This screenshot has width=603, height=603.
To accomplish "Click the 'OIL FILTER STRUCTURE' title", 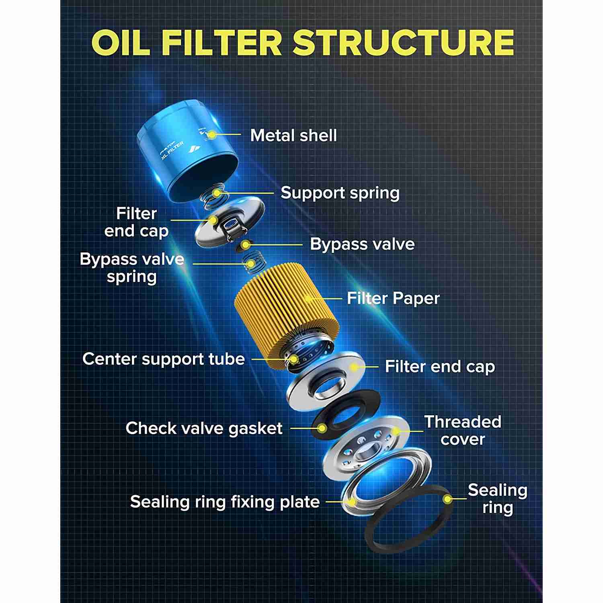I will (x=302, y=42).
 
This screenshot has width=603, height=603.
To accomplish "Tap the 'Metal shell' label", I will (x=293, y=135).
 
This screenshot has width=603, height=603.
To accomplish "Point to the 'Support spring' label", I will (x=340, y=193).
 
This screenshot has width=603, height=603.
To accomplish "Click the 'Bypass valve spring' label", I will (x=132, y=268).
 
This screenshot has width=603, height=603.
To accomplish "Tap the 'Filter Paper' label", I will (x=393, y=298).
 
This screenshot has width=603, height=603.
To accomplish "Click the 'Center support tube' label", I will (x=163, y=359).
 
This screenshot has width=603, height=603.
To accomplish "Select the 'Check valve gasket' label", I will (x=204, y=428).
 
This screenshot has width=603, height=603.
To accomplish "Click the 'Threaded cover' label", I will (x=463, y=431).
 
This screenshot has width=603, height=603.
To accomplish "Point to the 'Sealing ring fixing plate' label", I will (x=225, y=502).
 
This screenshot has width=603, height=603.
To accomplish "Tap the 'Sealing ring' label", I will (x=498, y=498).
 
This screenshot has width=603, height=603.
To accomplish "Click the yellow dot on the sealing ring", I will (x=447, y=499).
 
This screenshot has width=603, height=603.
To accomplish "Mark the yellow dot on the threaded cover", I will (x=396, y=431).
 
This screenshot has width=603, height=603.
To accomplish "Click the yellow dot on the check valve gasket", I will (x=322, y=429).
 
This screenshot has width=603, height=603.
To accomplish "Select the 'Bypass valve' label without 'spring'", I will (x=362, y=244).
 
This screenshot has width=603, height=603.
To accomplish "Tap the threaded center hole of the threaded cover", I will (x=365, y=452).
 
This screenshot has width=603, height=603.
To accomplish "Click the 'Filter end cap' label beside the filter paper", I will (x=440, y=367).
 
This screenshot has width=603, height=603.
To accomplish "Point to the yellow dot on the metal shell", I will (x=212, y=135).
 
